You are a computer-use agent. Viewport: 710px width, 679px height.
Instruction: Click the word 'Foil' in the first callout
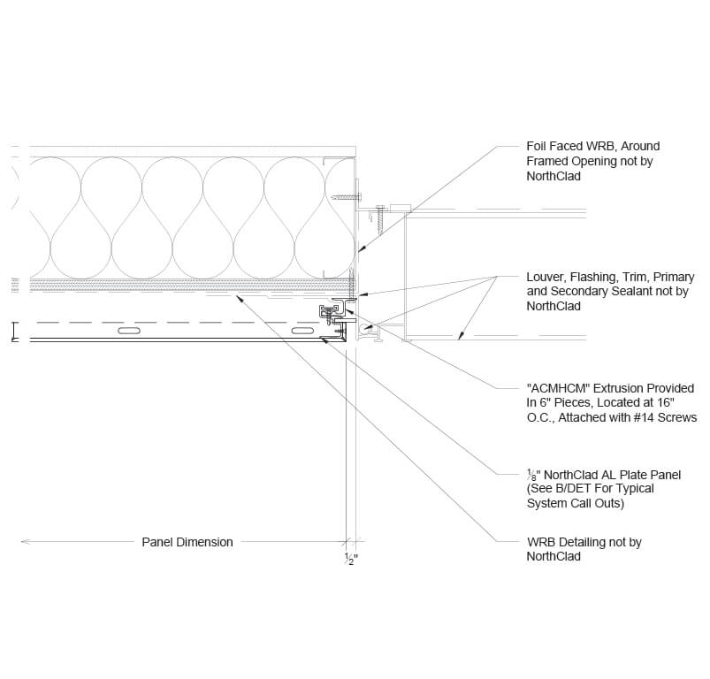(x=536, y=146)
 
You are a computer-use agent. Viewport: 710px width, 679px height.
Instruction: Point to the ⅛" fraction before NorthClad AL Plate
(x=533, y=475)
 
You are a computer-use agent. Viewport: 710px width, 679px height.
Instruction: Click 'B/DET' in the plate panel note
(x=571, y=489)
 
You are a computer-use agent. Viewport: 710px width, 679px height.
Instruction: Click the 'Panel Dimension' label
(x=187, y=542)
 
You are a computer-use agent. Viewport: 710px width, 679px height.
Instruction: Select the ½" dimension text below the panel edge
(x=351, y=559)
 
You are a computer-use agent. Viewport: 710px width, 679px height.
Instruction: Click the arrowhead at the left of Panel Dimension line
(x=26, y=541)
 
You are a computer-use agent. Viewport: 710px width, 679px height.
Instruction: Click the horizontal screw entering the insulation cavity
(x=347, y=197)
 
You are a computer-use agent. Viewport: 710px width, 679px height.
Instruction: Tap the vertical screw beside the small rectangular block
(x=380, y=220)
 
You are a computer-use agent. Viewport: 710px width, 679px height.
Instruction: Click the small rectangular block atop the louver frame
(x=400, y=208)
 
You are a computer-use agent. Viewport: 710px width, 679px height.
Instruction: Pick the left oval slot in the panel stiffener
(x=129, y=331)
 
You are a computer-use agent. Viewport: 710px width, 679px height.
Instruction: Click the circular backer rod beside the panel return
(x=364, y=328)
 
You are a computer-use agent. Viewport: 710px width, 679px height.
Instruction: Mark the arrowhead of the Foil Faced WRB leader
(x=361, y=249)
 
